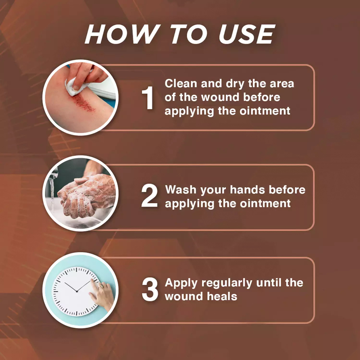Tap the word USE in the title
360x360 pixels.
point(247,34)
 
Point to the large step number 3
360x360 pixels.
point(150,289)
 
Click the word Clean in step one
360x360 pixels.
point(181,83)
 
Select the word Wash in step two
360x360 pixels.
point(181,190)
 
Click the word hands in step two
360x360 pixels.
point(247,190)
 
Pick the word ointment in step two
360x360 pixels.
point(265,203)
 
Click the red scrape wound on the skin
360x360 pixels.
point(83,102)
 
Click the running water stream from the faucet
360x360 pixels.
point(52,194)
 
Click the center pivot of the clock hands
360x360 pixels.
point(77,291)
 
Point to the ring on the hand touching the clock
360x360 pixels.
point(101,286)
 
